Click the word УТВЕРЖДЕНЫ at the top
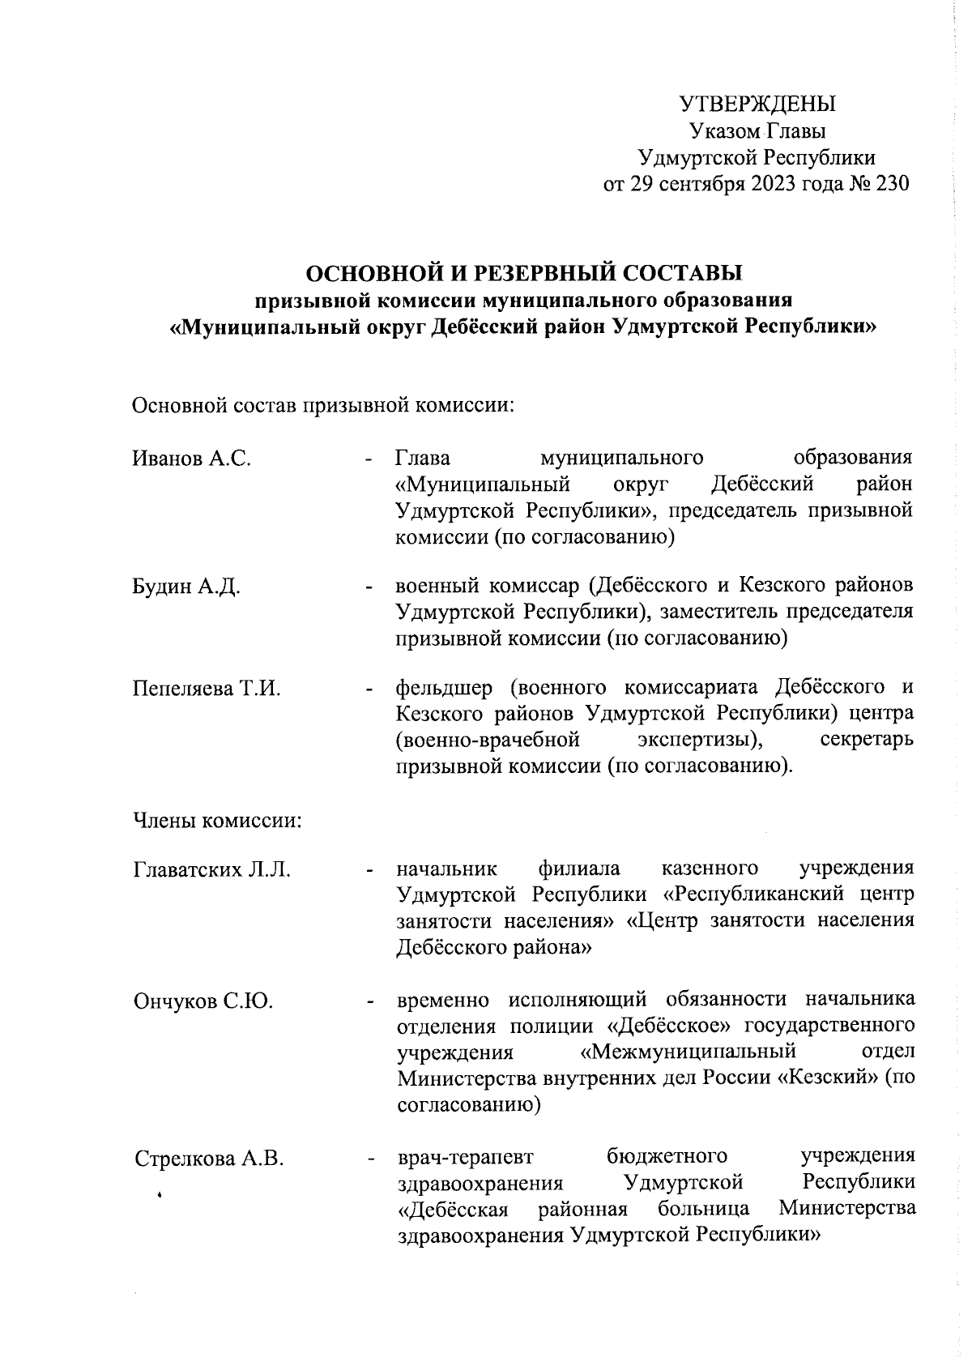click(x=757, y=105)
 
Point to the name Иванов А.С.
click(x=191, y=459)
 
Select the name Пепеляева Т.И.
click(x=206, y=689)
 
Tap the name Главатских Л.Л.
click(x=211, y=870)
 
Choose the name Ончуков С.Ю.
click(x=202, y=1001)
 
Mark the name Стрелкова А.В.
click(x=209, y=1158)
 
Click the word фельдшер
click(x=444, y=689)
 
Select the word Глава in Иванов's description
click(x=422, y=459)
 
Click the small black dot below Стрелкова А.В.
click(x=160, y=1194)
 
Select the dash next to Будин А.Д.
click(x=369, y=587)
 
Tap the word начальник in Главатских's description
click(x=446, y=870)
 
